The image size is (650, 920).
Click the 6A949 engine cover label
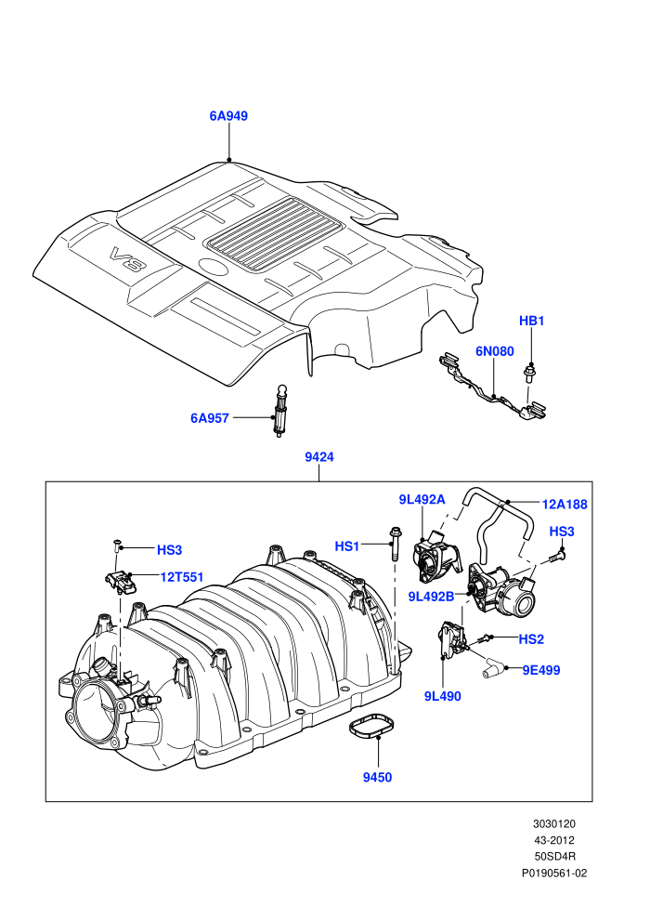tap(228, 116)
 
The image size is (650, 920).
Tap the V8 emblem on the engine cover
tap(125, 259)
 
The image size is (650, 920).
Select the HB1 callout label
tap(531, 321)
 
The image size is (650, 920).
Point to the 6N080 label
tap(495, 351)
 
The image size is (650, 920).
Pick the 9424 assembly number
tap(319, 457)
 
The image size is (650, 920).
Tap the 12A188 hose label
tap(565, 505)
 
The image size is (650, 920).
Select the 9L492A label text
tap(422, 499)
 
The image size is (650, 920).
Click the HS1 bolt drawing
tap(394, 544)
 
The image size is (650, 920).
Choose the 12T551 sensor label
tap(182, 577)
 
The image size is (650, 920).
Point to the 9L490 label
tap(443, 696)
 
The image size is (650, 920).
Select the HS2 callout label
tap(531, 639)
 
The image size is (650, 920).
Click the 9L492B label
tap(432, 597)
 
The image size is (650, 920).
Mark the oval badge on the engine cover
tap(213, 268)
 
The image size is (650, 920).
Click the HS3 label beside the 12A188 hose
tap(562, 532)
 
